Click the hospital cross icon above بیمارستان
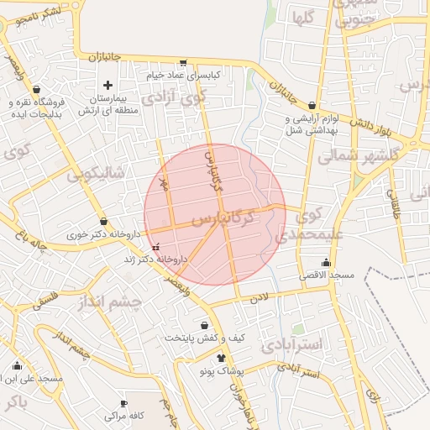tap(108, 85)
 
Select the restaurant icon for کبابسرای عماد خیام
tap(183, 64)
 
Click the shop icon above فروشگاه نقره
tap(36, 90)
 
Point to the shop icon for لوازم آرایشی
tap(312, 107)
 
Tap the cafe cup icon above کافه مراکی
tap(124, 404)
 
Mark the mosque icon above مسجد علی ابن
tap(18, 366)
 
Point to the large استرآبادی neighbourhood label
tap(292, 344)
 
